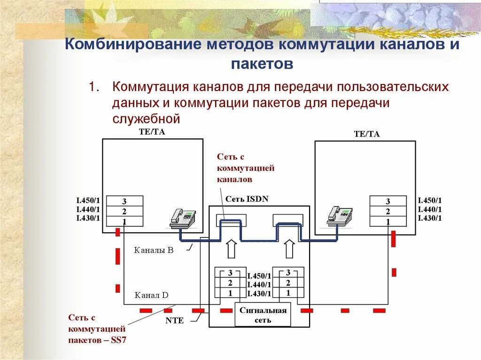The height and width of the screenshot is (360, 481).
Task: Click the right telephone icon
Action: tap(340, 215)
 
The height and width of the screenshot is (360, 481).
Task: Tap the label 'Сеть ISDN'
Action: tap(247, 199)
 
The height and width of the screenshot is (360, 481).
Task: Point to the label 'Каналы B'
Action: tap(154, 251)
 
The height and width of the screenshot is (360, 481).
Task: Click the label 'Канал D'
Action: tap(151, 295)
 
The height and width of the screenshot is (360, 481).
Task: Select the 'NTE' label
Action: tap(174, 321)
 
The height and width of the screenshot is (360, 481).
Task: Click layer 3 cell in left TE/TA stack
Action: tap(124, 201)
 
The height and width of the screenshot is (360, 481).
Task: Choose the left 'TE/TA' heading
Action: tap(152, 132)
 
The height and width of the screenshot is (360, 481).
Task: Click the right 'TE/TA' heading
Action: tap(367, 134)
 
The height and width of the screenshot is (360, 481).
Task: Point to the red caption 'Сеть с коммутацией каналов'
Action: tap(245, 168)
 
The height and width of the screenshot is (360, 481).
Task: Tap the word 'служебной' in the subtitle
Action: tap(146, 119)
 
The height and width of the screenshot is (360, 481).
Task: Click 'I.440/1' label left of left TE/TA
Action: tap(88, 209)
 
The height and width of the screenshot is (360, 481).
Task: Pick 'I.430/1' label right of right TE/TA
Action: tap(430, 218)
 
